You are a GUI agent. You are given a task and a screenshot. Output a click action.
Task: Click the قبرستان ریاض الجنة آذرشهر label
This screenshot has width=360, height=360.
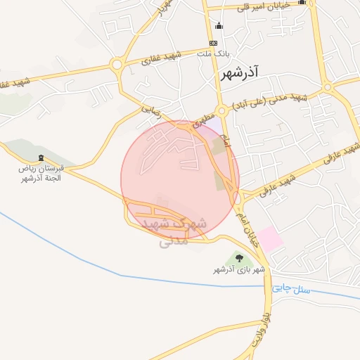coord(41,174)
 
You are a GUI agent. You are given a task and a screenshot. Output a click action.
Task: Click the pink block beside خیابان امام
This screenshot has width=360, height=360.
coord(270,239)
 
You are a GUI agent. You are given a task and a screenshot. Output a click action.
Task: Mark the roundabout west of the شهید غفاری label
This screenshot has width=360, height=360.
coord(117,65)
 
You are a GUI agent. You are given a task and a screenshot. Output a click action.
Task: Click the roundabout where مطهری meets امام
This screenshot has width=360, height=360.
coord(221,111)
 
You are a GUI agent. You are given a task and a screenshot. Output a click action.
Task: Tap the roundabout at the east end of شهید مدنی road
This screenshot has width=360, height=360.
coord(328,87)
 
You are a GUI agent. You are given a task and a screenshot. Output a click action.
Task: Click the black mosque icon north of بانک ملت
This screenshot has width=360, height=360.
coord(219,27)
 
